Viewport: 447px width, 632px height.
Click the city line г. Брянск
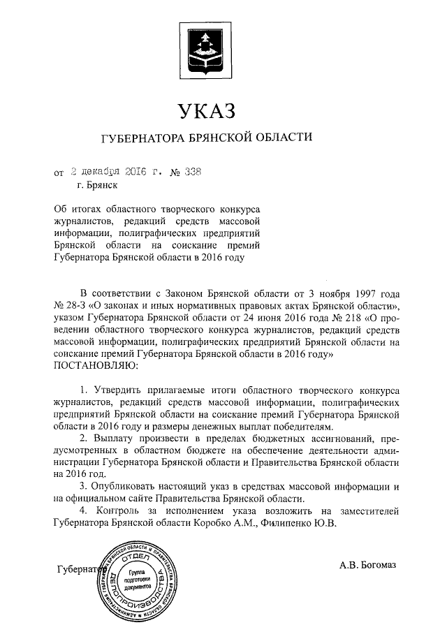coord(98,186)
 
